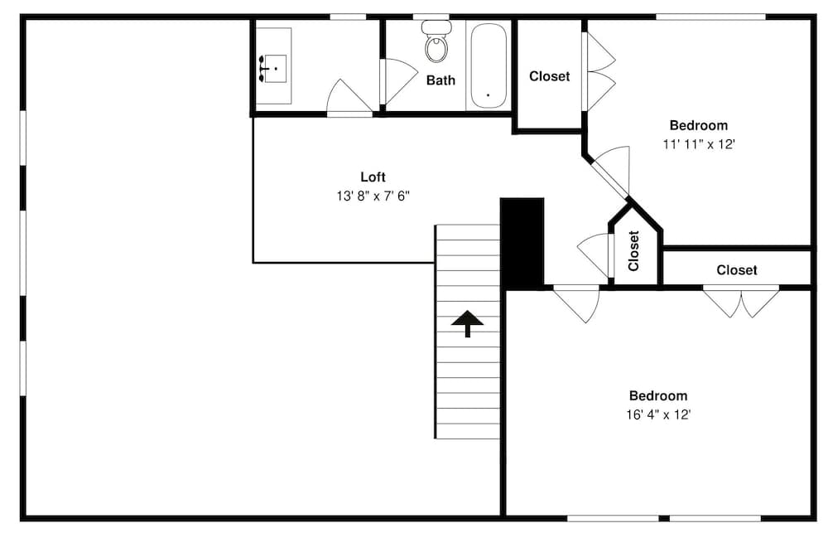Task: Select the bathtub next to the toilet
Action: coord(489,66)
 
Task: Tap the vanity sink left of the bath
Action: coord(273,67)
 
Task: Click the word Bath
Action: coord(440,80)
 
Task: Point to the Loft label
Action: coord(373,177)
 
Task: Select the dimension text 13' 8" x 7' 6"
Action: coord(373,196)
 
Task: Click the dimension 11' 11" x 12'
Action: coord(699,143)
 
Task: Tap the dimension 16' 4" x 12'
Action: coord(658,414)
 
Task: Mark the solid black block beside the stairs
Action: coord(522,242)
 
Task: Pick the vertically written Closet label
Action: coord(634,250)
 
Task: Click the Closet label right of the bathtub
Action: coord(550,76)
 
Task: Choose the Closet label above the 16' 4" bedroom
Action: coord(737,269)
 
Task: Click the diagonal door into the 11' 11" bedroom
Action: coord(611,172)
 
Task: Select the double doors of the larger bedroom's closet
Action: coord(741,302)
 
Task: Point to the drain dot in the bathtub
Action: coord(488,95)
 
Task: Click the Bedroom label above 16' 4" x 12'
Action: coord(658,395)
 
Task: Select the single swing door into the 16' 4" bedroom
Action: coord(577,303)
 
